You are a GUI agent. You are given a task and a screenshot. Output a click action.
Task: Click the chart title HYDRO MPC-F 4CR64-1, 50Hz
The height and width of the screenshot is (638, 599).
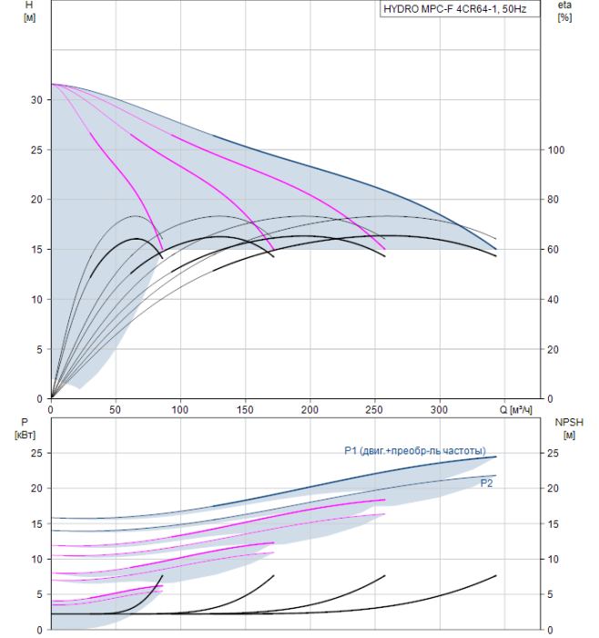tap(455, 9)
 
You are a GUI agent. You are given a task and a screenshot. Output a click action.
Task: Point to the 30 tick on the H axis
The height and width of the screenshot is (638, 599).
tap(36, 100)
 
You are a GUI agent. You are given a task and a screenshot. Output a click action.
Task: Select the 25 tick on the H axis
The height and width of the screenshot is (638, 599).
tap(36, 150)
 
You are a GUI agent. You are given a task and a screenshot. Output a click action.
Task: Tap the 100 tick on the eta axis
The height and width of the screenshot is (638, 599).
tap(556, 150)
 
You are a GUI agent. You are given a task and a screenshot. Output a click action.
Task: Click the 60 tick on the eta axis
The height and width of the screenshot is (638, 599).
tap(553, 250)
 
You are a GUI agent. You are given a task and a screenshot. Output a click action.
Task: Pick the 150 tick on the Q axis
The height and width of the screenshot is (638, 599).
tap(245, 410)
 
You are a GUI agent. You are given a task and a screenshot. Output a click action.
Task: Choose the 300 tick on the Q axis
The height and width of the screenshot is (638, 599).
tap(440, 410)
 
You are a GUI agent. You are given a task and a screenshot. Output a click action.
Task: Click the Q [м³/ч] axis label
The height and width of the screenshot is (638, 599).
tap(515, 410)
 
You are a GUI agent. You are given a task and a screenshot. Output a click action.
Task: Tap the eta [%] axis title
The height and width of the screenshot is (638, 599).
tap(565, 11)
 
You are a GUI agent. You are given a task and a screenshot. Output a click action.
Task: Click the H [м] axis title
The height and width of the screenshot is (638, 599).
tap(29, 11)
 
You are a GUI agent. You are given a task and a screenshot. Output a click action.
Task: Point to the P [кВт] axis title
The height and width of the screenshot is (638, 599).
tap(25, 429)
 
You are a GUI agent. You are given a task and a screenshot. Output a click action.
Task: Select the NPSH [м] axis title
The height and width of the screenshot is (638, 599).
tap(569, 429)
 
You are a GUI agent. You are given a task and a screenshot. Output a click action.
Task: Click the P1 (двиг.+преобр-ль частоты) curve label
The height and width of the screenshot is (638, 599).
tap(415, 451)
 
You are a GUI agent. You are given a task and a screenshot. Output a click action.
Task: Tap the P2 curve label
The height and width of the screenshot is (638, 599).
tap(486, 483)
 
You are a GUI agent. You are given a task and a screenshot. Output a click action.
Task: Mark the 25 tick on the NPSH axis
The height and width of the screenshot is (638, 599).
tap(553, 453)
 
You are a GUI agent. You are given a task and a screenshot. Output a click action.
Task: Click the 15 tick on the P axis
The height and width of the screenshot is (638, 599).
tap(36, 524)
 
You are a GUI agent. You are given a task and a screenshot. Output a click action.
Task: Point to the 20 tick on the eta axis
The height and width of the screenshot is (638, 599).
tap(553, 349)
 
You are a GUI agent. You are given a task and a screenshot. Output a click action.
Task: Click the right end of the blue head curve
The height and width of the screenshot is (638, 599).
tap(496, 249)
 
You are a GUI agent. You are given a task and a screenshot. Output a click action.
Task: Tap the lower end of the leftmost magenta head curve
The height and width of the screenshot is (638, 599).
tap(163, 249)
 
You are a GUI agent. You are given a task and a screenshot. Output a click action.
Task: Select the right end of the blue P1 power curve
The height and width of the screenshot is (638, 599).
tap(496, 457)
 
